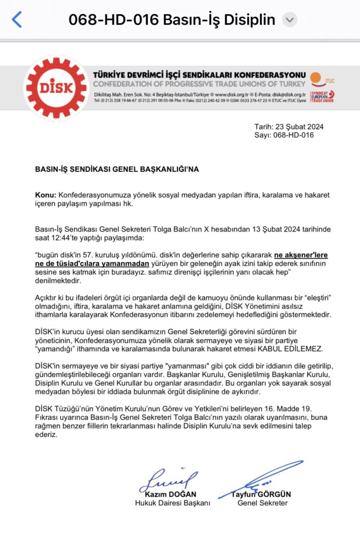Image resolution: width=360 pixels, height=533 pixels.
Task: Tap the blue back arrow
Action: pyautogui.click(x=17, y=20)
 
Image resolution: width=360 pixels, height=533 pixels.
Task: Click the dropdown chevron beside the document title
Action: pyautogui.click(x=290, y=20)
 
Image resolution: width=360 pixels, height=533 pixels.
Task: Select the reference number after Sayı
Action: pyautogui.click(x=294, y=135)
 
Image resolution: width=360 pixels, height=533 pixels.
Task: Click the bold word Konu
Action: pyautogui.click(x=45, y=195)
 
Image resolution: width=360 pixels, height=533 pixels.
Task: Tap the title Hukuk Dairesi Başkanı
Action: pyautogui.click(x=172, y=503)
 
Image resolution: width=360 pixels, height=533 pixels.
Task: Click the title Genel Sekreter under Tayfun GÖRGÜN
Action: pyautogui.click(x=262, y=503)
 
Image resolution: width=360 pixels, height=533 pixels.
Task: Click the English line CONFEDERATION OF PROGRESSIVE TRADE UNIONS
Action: pyautogui.click(x=199, y=84)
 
